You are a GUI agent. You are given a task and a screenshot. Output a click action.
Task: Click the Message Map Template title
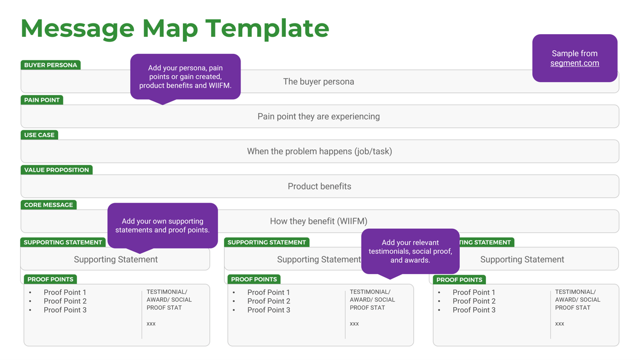(175, 29)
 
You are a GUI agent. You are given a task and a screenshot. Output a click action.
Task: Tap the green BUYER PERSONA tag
(51, 65)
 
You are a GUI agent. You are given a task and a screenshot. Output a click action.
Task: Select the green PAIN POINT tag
(42, 100)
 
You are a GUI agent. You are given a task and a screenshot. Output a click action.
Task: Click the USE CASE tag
(39, 135)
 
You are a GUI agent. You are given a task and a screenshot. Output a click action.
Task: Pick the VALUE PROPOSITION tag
(57, 170)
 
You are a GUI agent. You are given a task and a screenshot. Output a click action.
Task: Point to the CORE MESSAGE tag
(49, 205)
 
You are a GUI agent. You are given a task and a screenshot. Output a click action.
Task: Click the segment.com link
(574, 63)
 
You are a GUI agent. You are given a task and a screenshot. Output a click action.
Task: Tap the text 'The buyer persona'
(318, 82)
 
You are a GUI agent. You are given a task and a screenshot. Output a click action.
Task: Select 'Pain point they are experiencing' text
(318, 116)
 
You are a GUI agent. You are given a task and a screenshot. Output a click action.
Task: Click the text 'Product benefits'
(319, 186)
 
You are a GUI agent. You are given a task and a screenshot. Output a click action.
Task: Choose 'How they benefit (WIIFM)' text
(318, 221)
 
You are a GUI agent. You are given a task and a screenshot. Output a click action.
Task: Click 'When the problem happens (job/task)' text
(319, 151)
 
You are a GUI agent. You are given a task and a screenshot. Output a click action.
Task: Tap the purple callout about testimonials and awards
(410, 251)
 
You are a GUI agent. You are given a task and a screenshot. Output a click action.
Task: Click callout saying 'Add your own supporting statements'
(163, 226)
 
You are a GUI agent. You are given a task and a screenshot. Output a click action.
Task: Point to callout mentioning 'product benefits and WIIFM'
(186, 76)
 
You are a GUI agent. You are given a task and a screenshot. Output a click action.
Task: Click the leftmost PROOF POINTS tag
(51, 279)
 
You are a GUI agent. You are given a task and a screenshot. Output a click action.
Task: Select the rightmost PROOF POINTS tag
(459, 279)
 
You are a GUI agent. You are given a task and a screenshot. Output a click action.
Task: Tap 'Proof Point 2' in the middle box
(269, 301)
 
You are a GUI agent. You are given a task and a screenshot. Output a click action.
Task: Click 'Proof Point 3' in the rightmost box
(474, 310)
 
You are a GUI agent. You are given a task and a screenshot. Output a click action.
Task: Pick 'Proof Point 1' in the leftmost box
(65, 292)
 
